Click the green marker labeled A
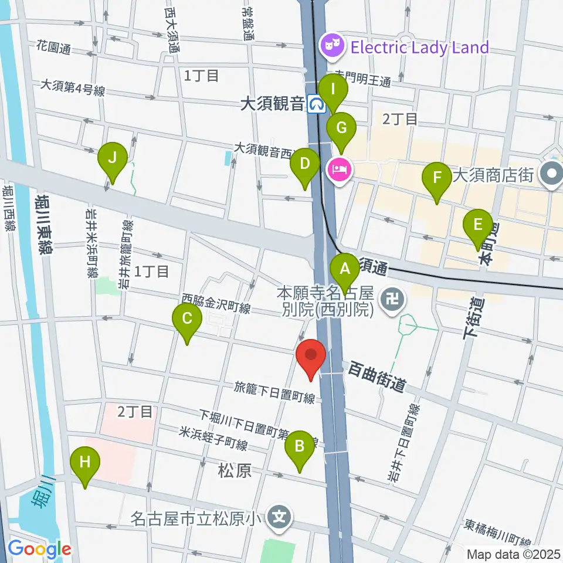[345, 269]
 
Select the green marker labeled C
[187, 319]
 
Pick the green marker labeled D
[304, 164]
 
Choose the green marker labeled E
[478, 225]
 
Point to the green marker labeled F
[436, 177]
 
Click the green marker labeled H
[85, 462]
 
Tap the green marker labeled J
[112, 158]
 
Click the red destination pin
[311, 356]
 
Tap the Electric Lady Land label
[419, 47]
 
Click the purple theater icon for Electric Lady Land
[331, 47]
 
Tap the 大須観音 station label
[272, 104]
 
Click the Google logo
[39, 549]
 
